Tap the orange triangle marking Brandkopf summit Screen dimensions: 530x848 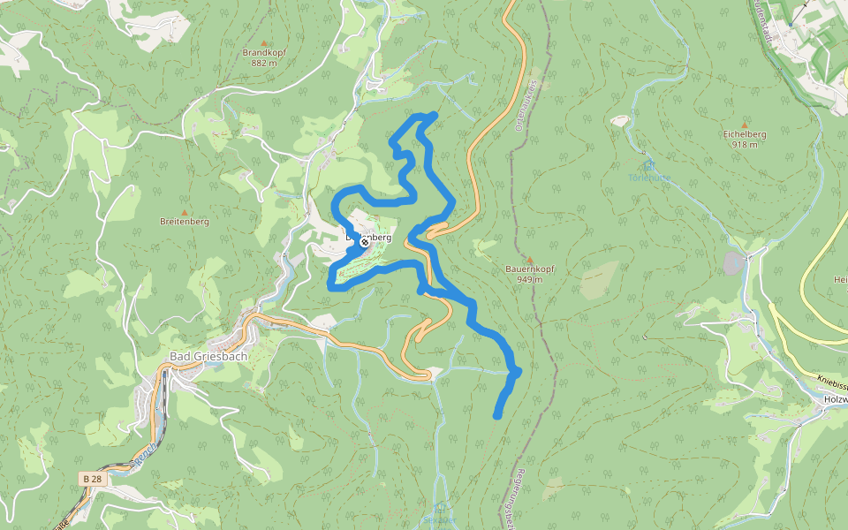click(262, 41)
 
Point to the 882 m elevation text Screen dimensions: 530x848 click(263, 64)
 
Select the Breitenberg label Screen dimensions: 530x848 click(185, 222)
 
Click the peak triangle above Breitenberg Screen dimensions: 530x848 click(185, 212)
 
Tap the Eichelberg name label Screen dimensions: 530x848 click(745, 134)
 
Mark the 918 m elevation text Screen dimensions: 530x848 click(745, 145)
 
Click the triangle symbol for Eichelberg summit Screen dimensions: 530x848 click(745, 125)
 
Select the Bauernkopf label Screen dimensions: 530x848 click(529, 269)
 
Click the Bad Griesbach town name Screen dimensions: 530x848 click(208, 357)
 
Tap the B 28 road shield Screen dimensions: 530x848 click(91, 478)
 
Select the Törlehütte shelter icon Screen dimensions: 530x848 click(649, 165)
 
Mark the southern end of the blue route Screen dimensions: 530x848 click(497, 415)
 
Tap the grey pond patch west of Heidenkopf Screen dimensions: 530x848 click(734, 262)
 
